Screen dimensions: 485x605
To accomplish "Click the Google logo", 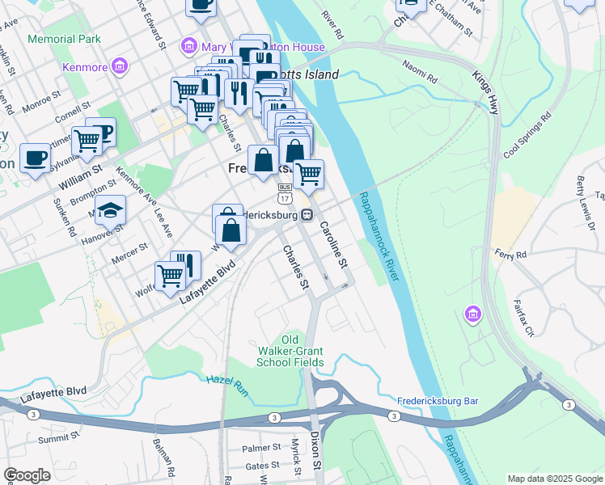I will point(27,475).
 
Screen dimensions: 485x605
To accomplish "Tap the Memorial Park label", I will point(64,39).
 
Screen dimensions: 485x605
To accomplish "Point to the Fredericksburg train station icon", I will point(307,216).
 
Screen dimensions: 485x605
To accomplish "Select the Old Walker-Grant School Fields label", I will point(290,350).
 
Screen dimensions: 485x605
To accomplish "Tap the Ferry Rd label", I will point(511,254).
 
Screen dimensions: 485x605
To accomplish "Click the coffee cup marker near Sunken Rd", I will point(35,158).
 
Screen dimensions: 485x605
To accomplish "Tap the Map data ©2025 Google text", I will point(553,479).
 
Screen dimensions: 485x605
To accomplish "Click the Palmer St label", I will point(260,448).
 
